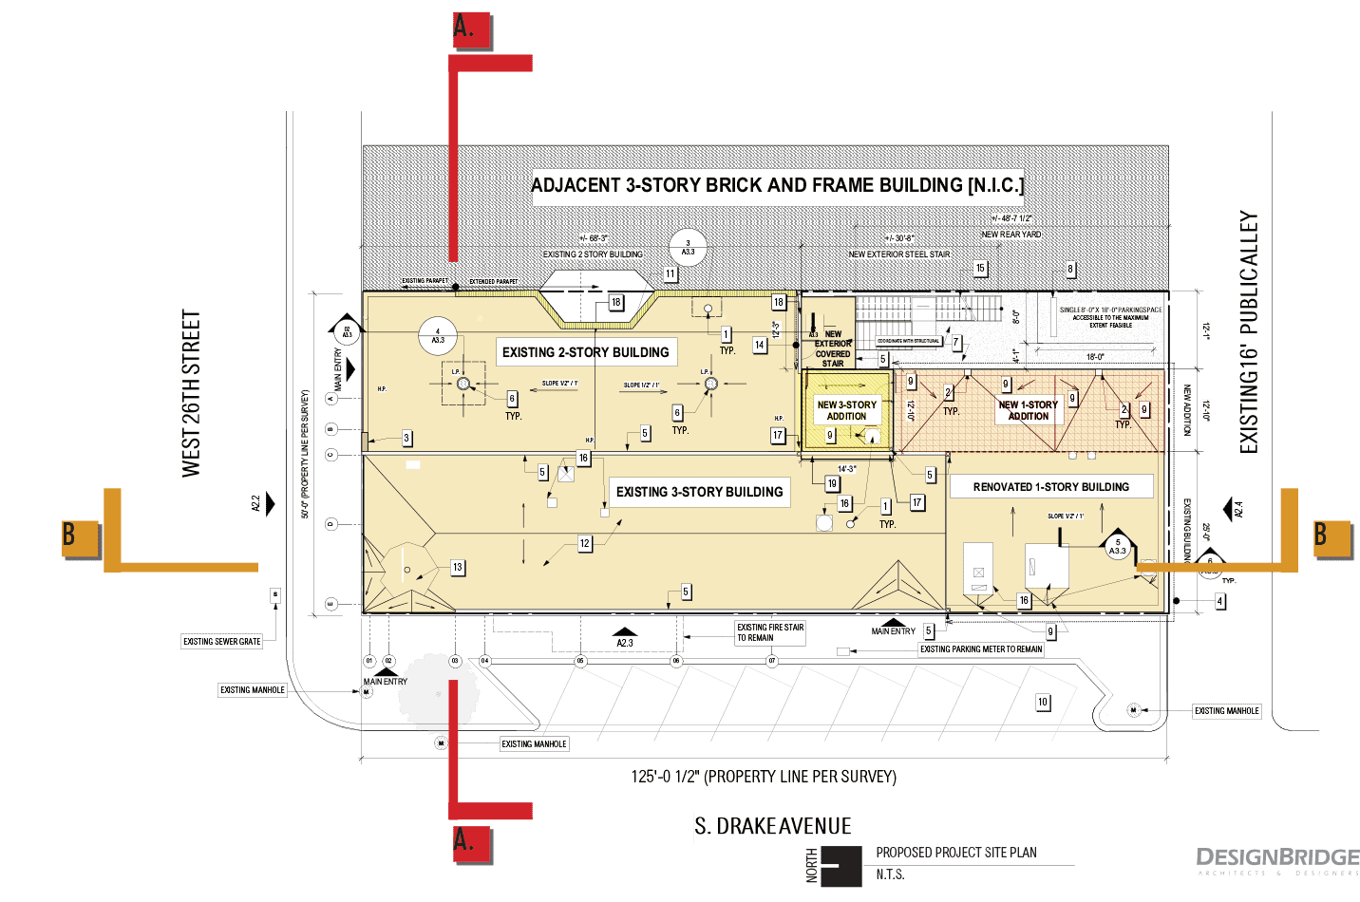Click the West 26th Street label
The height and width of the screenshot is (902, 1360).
pos(194,395)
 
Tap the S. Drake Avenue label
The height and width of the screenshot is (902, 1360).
pos(771,827)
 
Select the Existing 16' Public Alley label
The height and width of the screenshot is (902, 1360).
pos(1250,333)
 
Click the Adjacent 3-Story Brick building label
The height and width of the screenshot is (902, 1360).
pos(777,185)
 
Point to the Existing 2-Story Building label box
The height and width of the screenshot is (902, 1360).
pos(585,352)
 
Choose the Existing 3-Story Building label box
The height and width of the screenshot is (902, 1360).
pos(699,492)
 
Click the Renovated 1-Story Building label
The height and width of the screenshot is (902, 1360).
pos(1050,487)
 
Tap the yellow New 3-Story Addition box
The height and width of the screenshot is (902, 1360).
pos(847,409)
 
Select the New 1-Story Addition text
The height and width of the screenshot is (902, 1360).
pos(1028,410)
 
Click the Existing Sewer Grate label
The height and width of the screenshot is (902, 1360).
pos(221,642)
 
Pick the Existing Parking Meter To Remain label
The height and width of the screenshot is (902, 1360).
pos(981,649)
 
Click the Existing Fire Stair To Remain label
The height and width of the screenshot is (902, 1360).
pos(770,632)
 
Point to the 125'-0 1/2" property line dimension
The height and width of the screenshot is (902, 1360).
pos(764,777)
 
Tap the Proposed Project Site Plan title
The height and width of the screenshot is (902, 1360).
pos(955,853)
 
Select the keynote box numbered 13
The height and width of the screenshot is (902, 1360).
pos(457,568)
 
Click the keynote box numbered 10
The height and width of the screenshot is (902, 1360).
pos(1042,703)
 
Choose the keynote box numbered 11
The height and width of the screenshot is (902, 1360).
pos(670,274)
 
